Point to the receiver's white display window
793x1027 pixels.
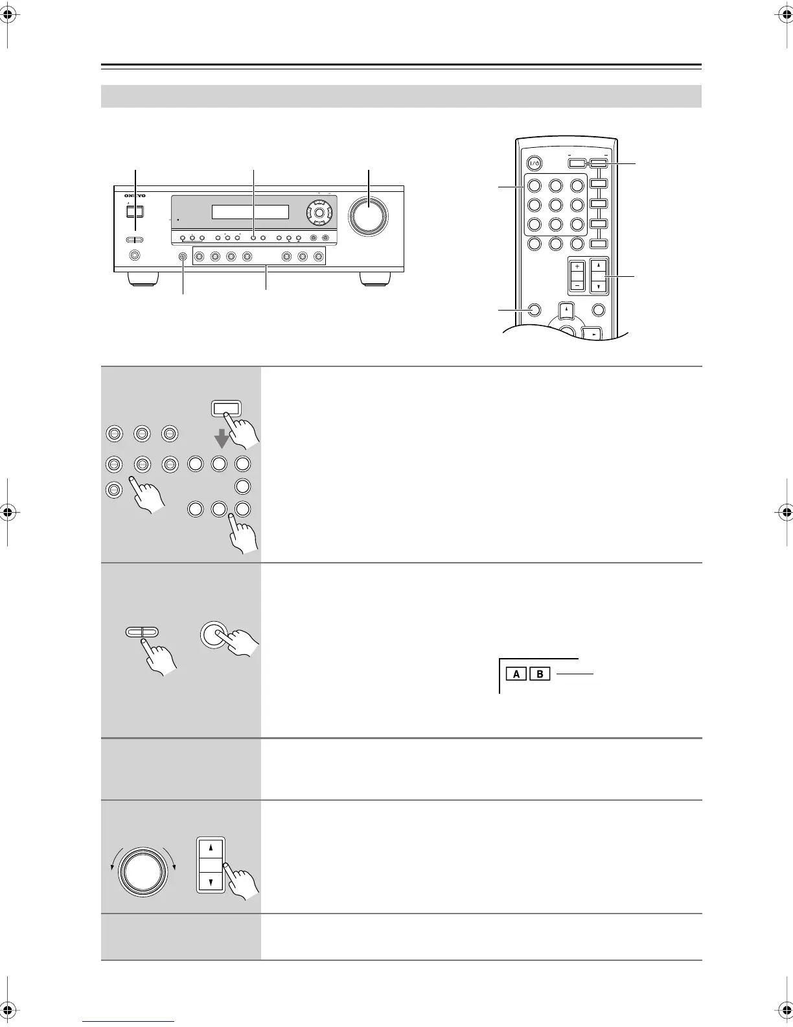(x=250, y=213)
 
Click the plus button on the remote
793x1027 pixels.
(x=577, y=266)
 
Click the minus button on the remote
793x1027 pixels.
(x=577, y=285)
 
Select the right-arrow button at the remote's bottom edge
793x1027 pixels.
(x=593, y=335)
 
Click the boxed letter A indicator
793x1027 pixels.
(x=516, y=674)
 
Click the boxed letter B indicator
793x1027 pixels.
(x=540, y=674)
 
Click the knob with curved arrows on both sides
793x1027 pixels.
(x=143, y=871)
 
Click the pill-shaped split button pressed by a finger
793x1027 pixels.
(x=142, y=632)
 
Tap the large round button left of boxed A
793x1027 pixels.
(x=216, y=634)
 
